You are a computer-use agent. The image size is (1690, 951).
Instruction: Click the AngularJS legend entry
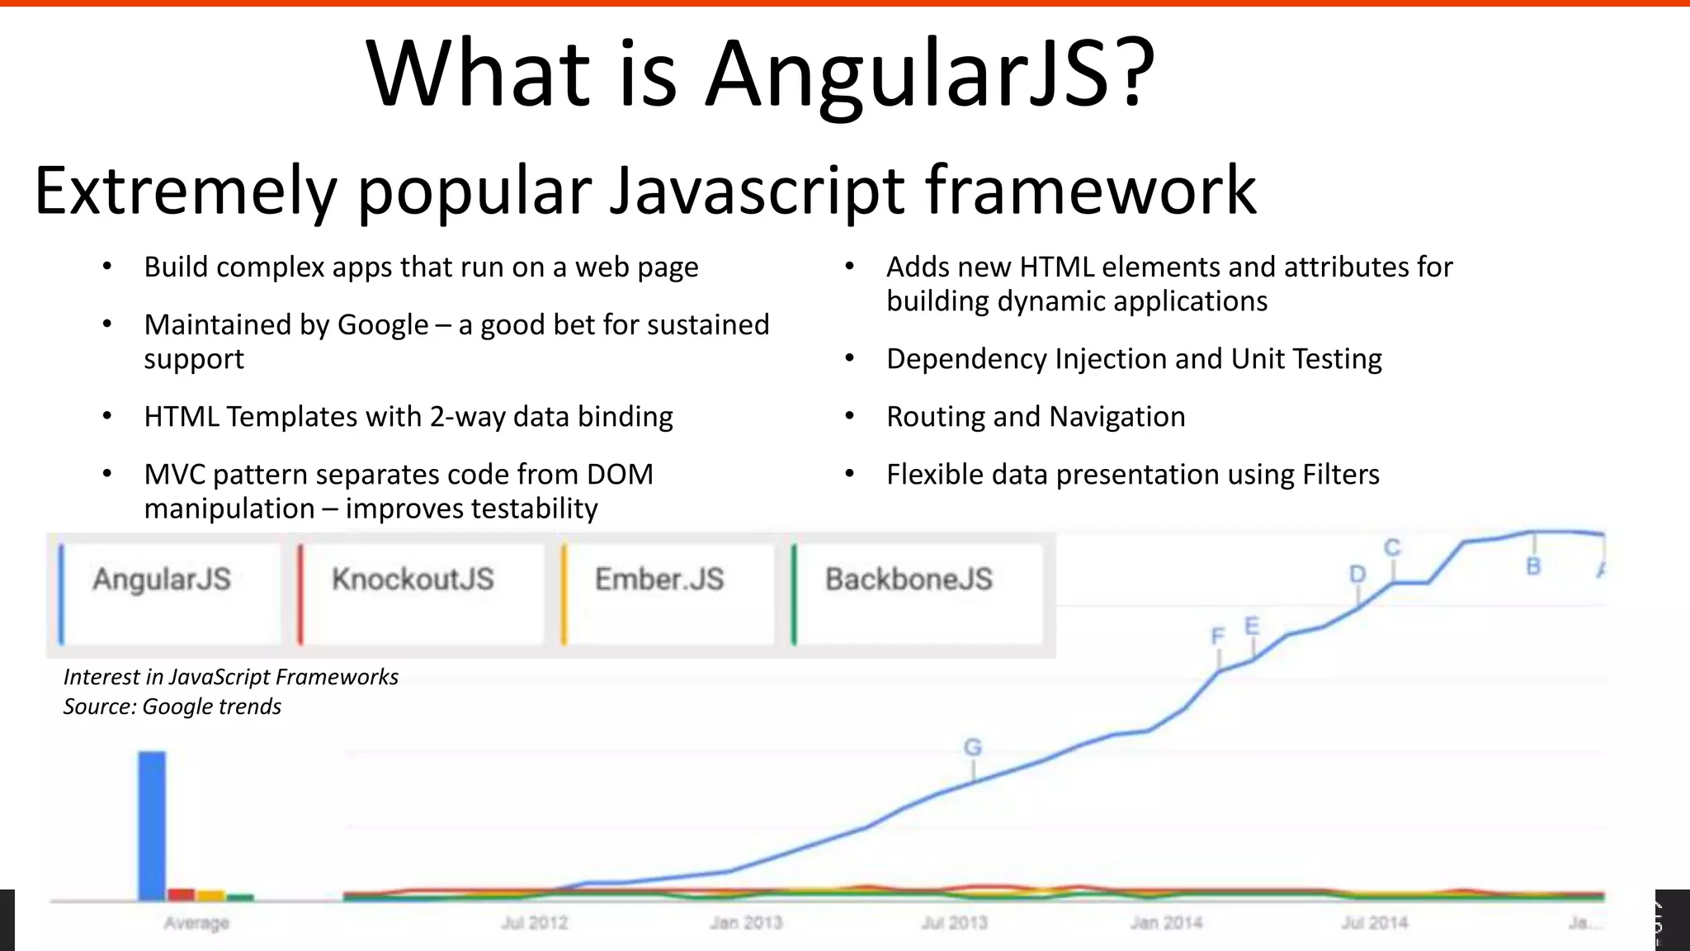pos(162,580)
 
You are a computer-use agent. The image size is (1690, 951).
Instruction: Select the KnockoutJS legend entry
pos(413,580)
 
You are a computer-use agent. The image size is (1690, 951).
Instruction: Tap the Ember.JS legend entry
pos(659,580)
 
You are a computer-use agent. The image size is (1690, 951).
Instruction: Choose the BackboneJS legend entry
pos(909,580)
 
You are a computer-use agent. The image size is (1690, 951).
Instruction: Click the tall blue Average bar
pos(152,826)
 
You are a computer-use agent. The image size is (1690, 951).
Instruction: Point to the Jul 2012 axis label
pos(535,923)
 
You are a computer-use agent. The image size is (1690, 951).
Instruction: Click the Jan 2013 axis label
pos(746,923)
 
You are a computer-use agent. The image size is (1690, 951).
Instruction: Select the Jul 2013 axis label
pos(955,923)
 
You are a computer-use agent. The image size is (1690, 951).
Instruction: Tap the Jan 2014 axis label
pos(1166,923)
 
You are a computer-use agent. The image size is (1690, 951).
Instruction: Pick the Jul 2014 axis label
pos(1375,923)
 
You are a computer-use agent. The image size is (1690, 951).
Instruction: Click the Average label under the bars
pos(196,923)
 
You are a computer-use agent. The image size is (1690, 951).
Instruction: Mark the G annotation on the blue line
pos(973,748)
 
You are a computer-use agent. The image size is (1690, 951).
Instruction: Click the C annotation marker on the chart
pos(1392,548)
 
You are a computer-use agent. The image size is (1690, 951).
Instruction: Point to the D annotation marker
pos(1357,575)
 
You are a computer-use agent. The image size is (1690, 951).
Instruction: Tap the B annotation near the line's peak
pos(1533,567)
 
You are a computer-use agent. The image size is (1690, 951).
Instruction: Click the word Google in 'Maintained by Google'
pos(383,325)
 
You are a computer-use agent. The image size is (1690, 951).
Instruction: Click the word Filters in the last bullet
pos(1340,475)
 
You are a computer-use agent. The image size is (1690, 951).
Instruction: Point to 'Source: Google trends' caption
pos(172,707)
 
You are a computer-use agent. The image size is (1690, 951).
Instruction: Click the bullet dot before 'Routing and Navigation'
pos(850,417)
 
